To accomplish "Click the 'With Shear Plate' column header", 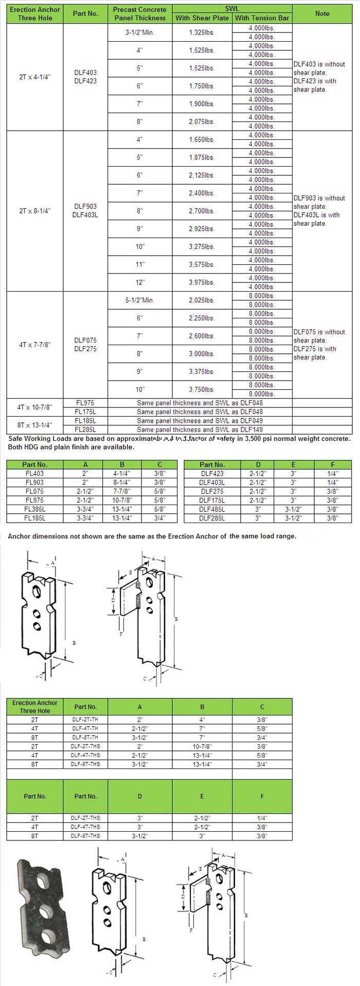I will point(202,18).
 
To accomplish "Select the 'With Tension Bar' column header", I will point(262,18).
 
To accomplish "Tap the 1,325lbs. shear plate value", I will point(202,32).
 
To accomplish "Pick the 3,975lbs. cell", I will point(202,282).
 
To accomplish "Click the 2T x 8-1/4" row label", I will point(35,211).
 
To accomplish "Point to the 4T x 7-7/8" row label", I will point(35,345).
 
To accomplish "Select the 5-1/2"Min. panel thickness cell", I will point(140,300).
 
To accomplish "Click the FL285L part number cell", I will point(85,429).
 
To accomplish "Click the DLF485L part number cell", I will point(212,509).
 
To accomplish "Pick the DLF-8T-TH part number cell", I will point(85,738).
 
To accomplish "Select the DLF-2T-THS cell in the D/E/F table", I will point(85,818).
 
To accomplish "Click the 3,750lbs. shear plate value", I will point(202,389).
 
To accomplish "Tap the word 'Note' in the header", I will point(322,13).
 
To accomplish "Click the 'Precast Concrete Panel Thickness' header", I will point(140,13).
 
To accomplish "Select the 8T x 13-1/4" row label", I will point(35,425).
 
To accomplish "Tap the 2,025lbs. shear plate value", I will point(202,300).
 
